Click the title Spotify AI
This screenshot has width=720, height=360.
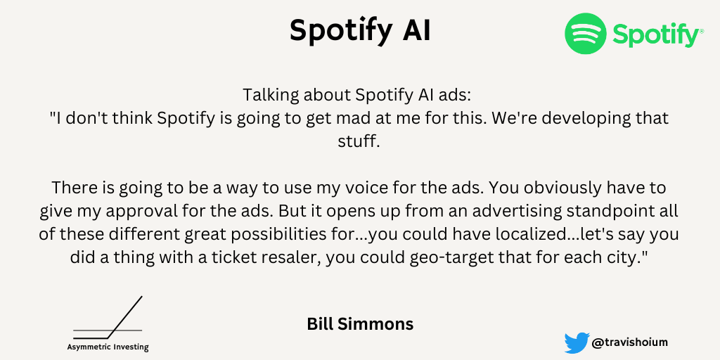361,31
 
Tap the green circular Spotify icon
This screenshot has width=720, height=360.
586,34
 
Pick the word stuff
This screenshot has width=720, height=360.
359,141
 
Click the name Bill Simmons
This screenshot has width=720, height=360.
360,324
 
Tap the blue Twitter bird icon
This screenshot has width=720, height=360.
577,343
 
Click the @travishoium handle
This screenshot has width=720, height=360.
630,342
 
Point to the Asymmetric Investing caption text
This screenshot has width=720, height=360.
108,347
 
